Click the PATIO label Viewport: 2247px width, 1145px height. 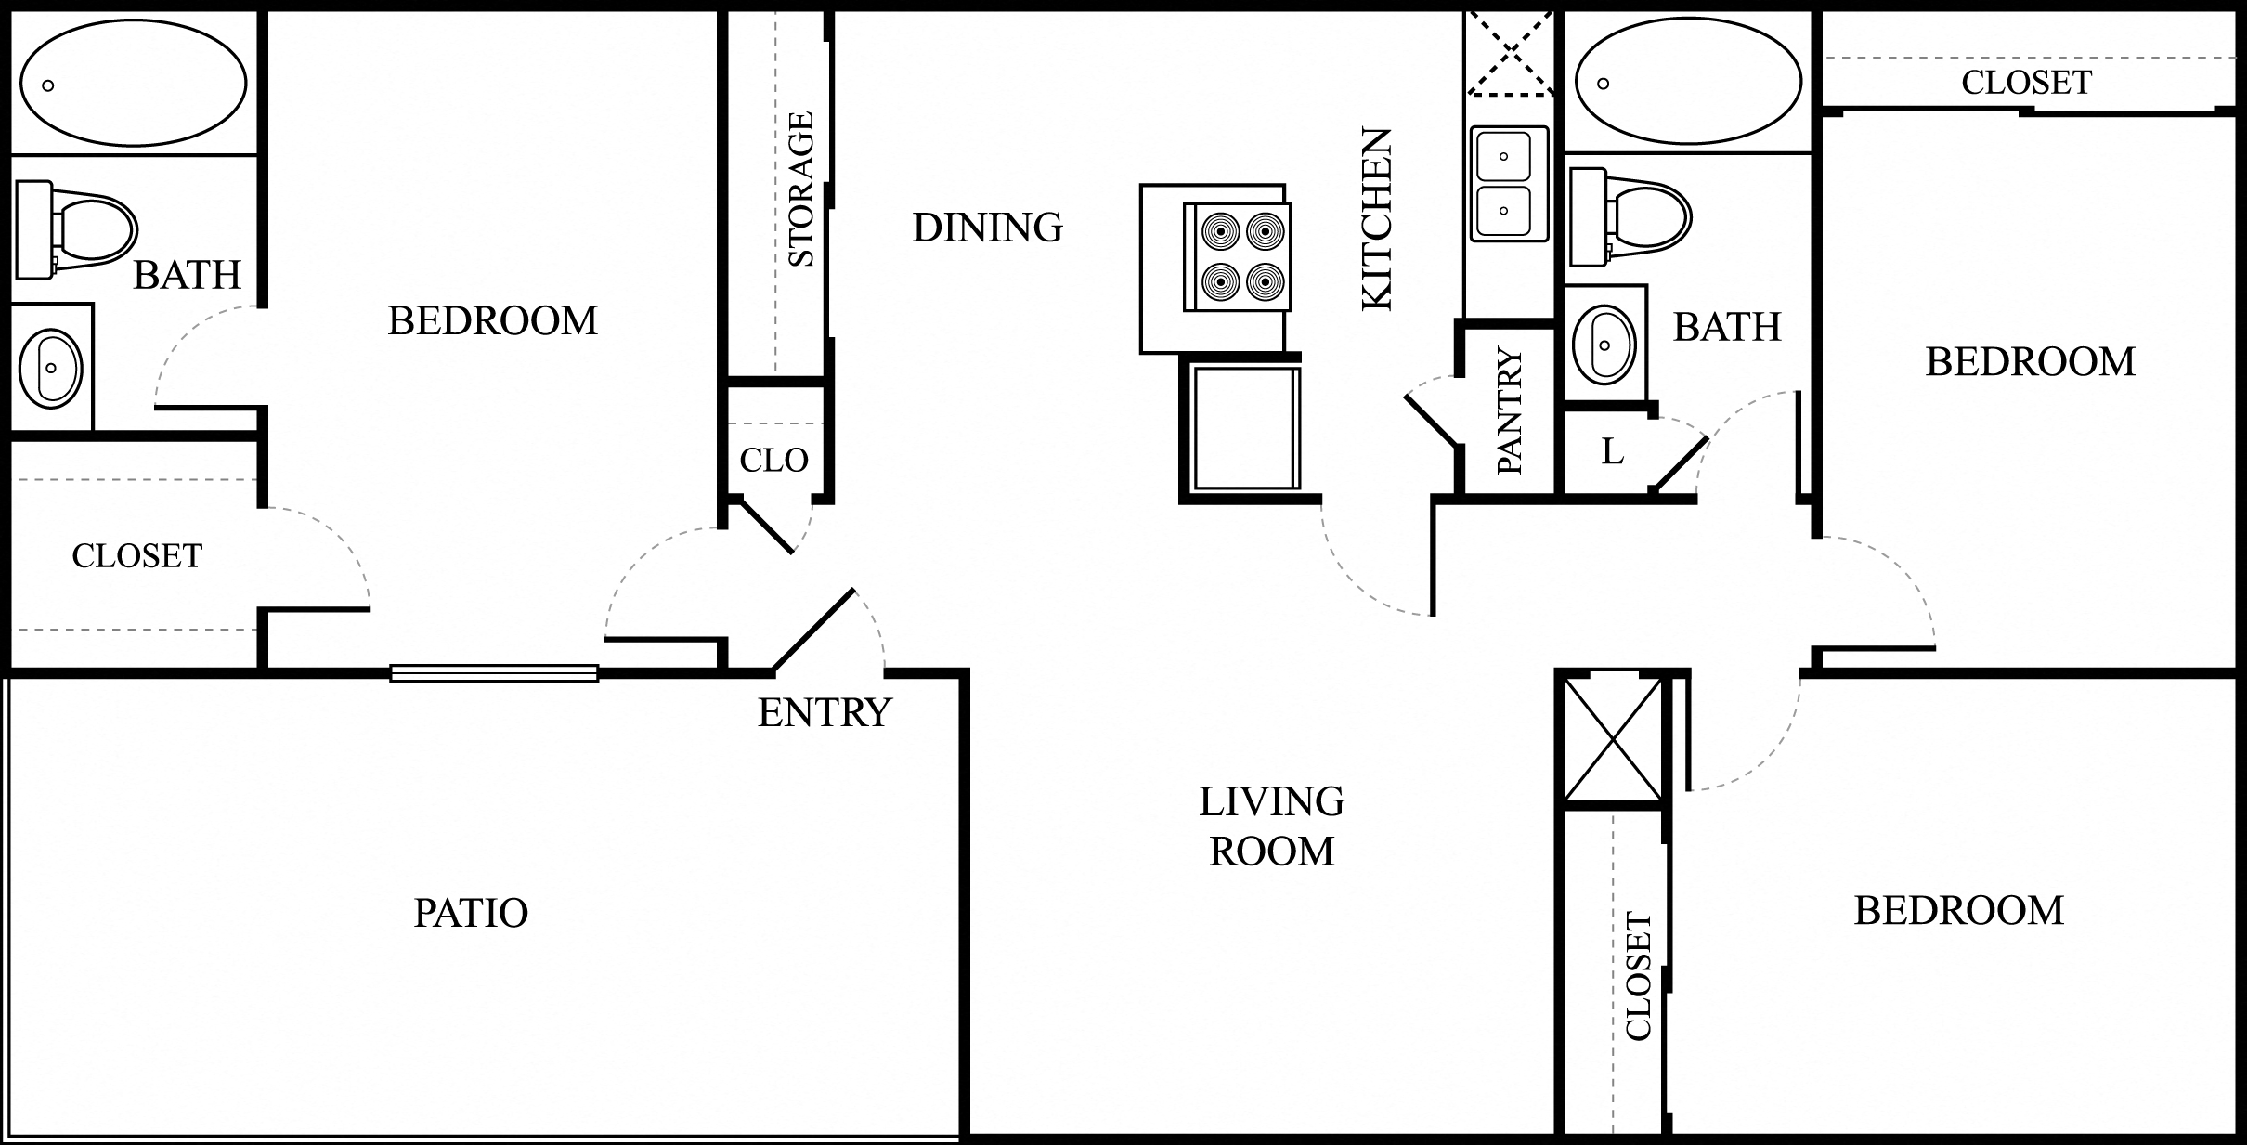point(471,913)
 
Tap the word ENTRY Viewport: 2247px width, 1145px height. point(825,712)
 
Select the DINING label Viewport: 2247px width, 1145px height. point(988,228)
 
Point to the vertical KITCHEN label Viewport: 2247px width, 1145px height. point(1377,218)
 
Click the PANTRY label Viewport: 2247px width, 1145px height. point(1511,410)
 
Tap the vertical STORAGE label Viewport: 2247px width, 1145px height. point(800,189)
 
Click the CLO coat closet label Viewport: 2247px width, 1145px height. point(774,460)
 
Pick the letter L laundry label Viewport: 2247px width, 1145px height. point(1613,451)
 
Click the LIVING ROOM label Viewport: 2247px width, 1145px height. point(1272,826)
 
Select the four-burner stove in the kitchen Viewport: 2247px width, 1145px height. point(1237,257)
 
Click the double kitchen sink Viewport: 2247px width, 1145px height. point(1509,184)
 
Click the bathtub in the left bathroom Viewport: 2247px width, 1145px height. point(134,82)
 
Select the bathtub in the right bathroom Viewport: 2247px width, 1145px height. point(1689,81)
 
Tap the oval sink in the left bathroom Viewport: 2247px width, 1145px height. point(51,368)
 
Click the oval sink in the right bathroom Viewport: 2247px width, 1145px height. point(1605,345)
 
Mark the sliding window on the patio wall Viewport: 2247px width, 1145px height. point(494,673)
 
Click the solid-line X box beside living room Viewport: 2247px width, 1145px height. point(1614,739)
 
